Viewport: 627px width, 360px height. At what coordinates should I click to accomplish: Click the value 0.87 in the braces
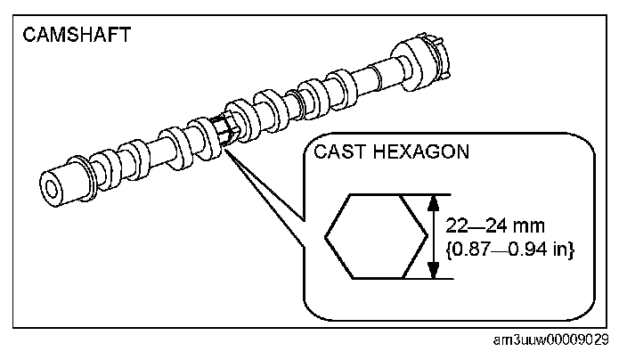click(x=472, y=250)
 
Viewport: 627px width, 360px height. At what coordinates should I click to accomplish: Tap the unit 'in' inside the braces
click(x=560, y=250)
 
